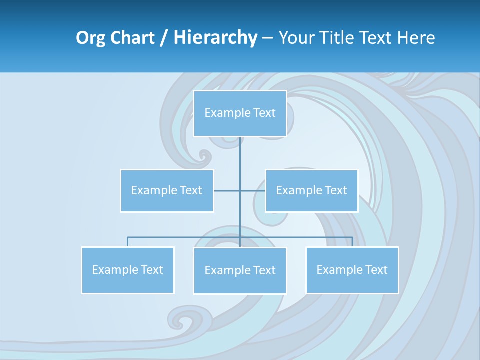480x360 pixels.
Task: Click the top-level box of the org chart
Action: tap(240, 113)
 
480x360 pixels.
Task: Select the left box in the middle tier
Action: tap(167, 191)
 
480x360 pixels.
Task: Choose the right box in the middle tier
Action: tap(311, 191)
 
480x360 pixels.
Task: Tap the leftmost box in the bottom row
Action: tap(128, 270)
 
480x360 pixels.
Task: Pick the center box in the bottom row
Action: tap(240, 271)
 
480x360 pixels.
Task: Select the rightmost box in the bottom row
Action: tap(352, 270)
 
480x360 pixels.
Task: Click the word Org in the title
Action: tap(91, 38)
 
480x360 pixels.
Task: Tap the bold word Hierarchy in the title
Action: tap(215, 38)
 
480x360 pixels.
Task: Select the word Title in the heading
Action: tap(341, 38)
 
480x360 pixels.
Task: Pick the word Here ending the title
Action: tap(416, 38)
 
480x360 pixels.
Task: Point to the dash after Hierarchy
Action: tap(267, 38)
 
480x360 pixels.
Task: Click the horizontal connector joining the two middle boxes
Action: tap(227, 191)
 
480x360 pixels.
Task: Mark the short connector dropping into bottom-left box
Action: tap(128, 242)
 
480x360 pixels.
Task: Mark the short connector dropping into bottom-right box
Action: tap(352, 242)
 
